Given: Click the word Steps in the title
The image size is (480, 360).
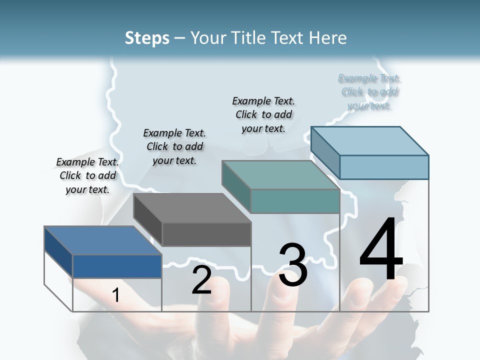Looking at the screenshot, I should pos(147,38).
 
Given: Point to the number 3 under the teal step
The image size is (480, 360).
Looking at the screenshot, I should pos(292,265).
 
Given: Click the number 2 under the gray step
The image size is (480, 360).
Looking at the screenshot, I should pos(201,280).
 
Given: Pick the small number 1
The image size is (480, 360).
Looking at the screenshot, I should pos(116,295).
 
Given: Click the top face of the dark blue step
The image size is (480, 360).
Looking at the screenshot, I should pos(102,240).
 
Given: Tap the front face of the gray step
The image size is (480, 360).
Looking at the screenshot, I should pos(206,234).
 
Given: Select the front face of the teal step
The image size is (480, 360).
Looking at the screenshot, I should pos(295,201).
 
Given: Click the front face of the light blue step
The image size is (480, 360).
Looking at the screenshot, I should pos(384,166).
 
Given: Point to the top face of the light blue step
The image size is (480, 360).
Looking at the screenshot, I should pos(370,140).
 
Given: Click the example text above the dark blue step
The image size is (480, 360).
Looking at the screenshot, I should pos(87,175).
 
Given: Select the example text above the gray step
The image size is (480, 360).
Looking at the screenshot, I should pos(174,146).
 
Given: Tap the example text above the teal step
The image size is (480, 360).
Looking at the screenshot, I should pos(263,114).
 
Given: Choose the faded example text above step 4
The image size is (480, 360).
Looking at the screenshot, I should pos(369,92).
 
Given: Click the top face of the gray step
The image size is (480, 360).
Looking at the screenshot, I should pos(192,207).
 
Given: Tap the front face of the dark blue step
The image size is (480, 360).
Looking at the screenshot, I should pos(117,266).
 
